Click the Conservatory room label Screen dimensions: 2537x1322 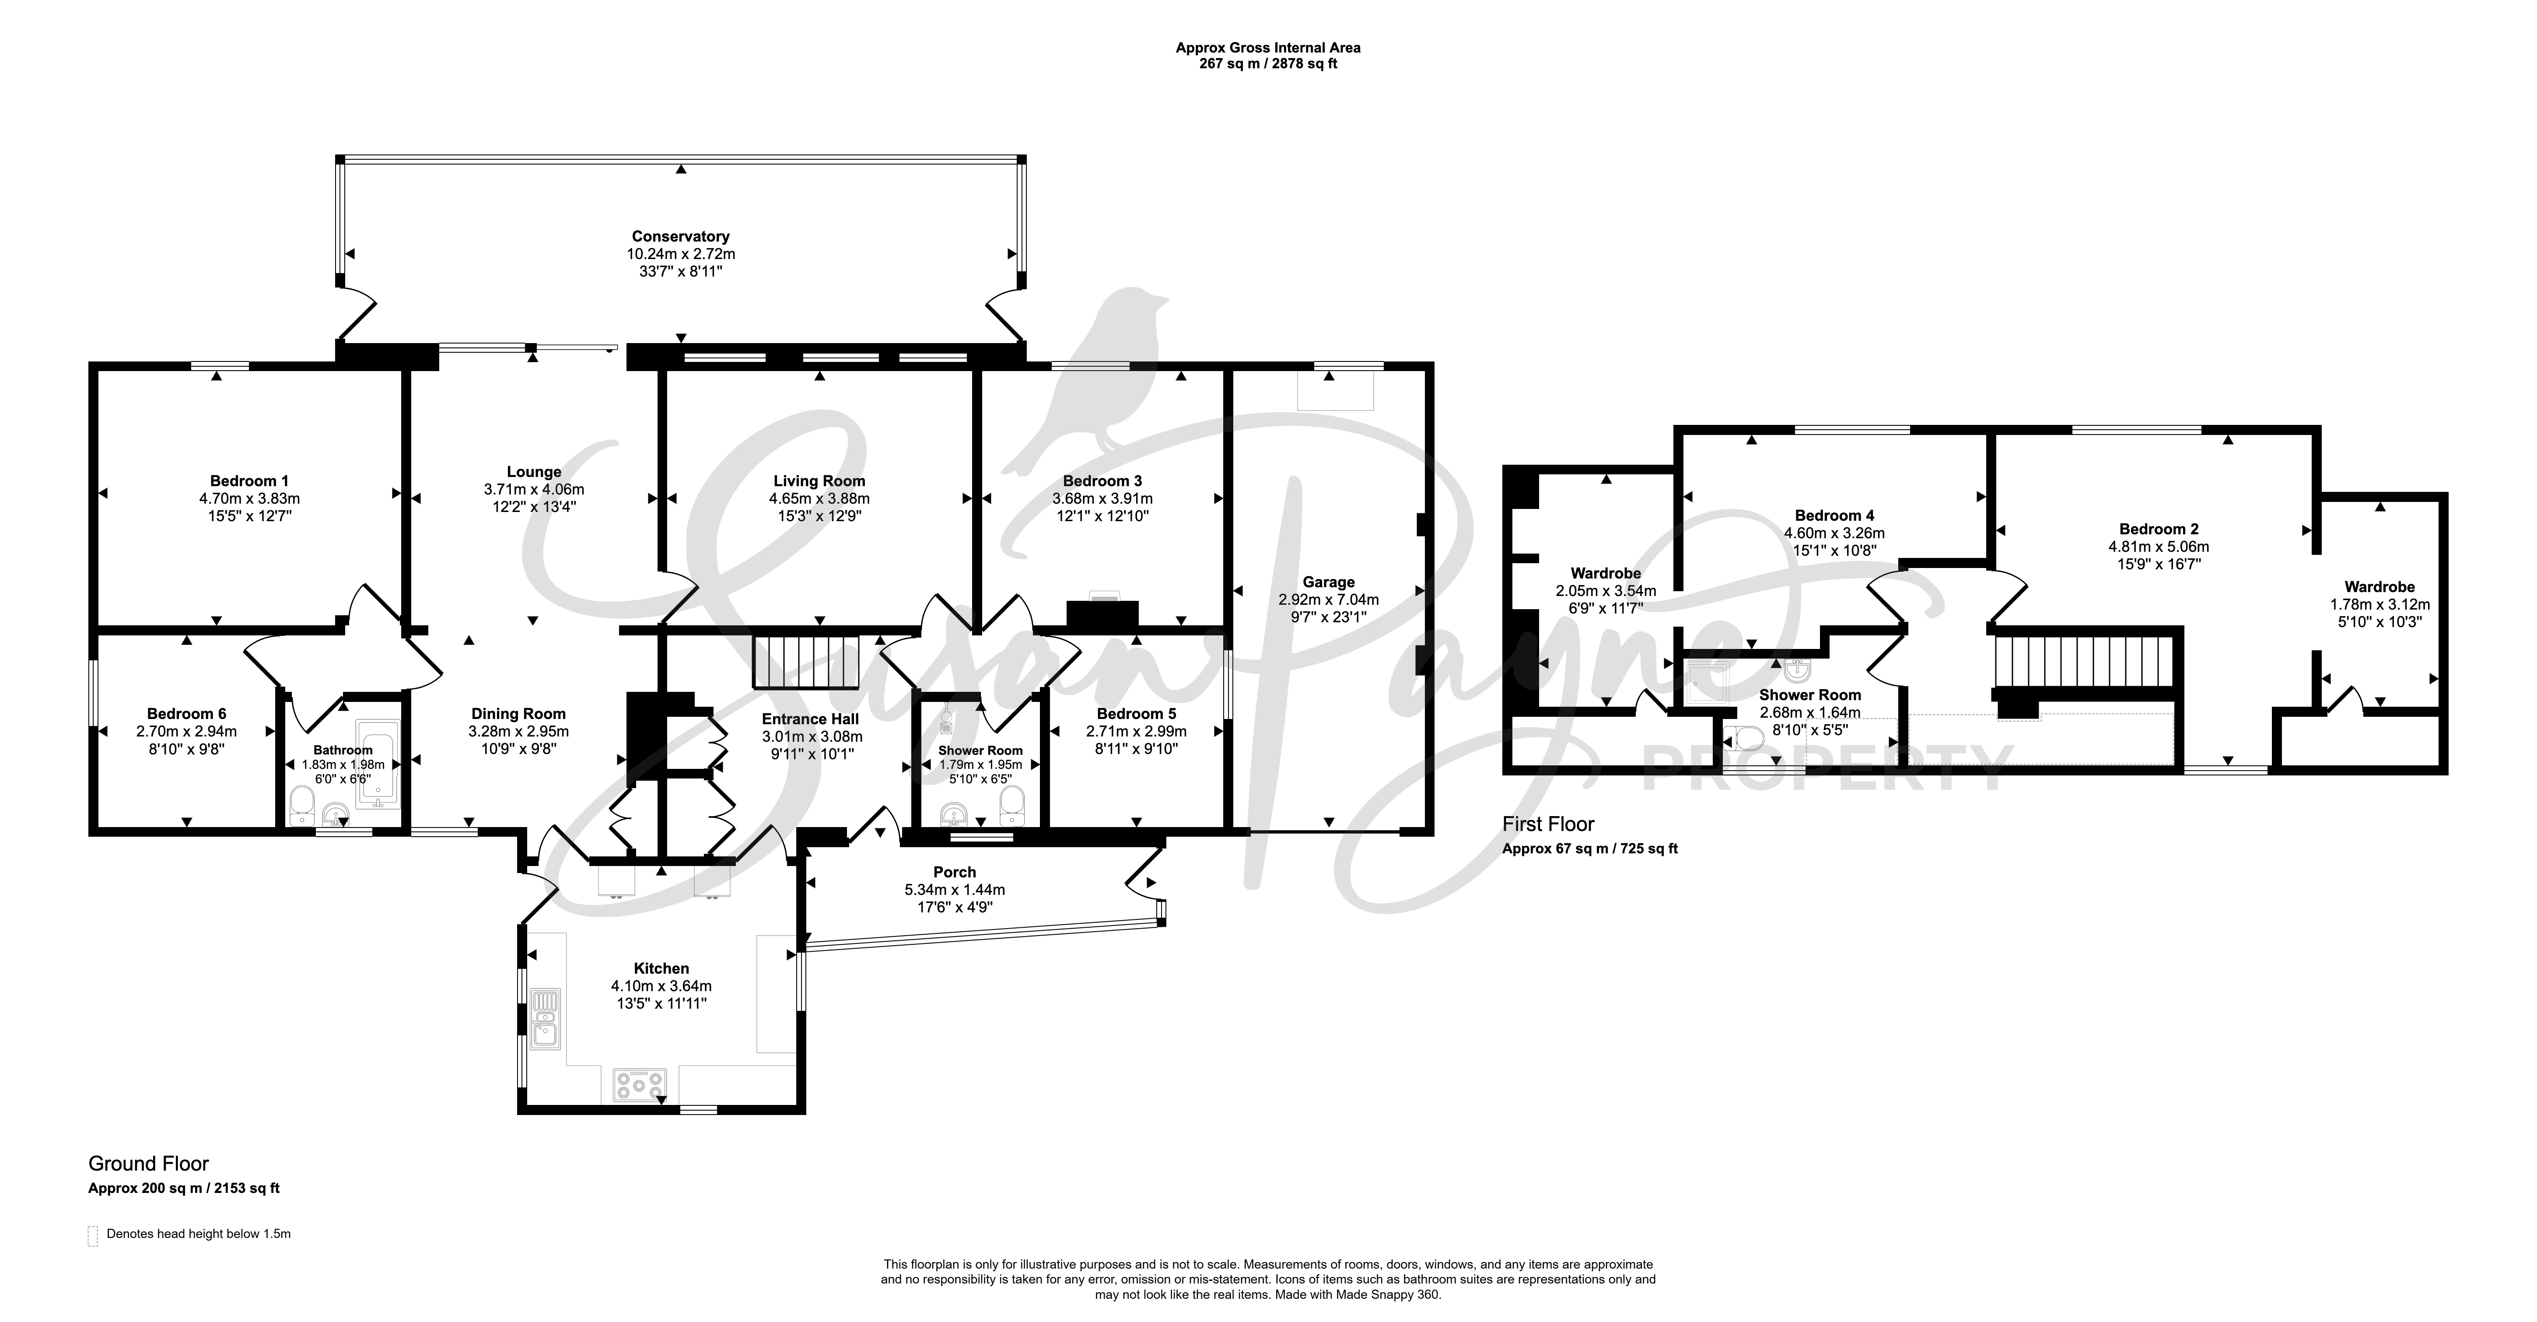681,236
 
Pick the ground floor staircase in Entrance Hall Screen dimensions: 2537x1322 807,661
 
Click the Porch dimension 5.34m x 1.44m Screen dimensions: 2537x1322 954,890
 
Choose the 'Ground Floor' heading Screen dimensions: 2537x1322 149,1164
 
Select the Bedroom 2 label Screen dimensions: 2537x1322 2159,529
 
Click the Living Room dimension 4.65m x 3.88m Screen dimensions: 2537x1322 819,498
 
